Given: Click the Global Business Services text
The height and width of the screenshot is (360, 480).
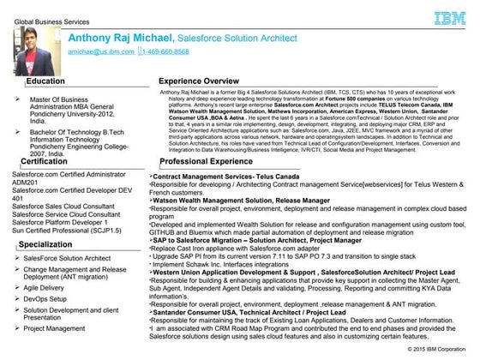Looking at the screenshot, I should click(x=45, y=8).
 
